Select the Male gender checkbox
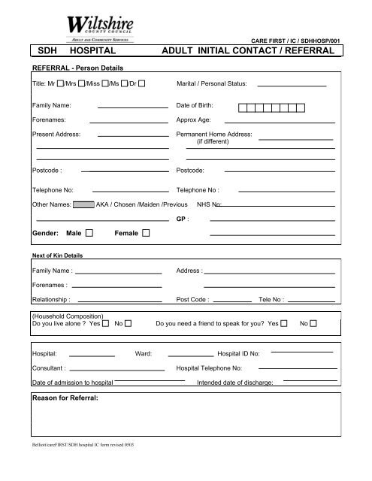tap(89, 234)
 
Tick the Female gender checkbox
tap(146, 234)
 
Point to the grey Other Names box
tap(84, 204)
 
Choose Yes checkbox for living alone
tap(106, 323)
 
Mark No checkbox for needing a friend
tap(313, 323)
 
